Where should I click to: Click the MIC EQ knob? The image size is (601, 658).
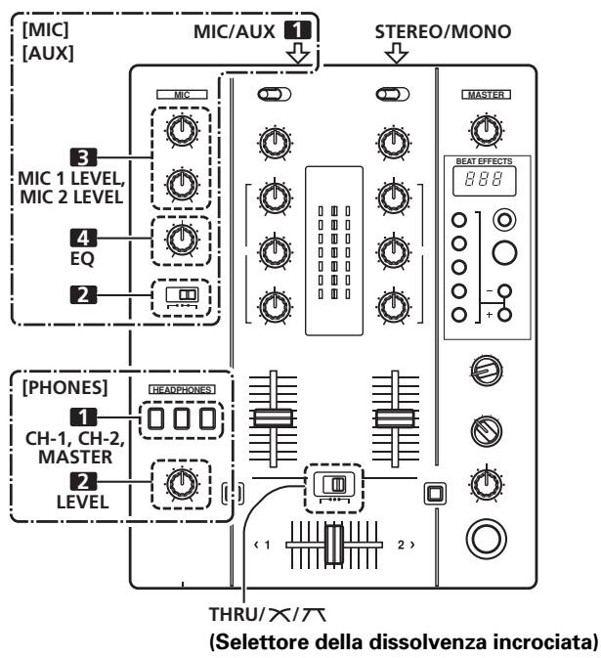click(x=178, y=239)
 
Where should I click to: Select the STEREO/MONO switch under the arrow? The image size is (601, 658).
click(x=395, y=96)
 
